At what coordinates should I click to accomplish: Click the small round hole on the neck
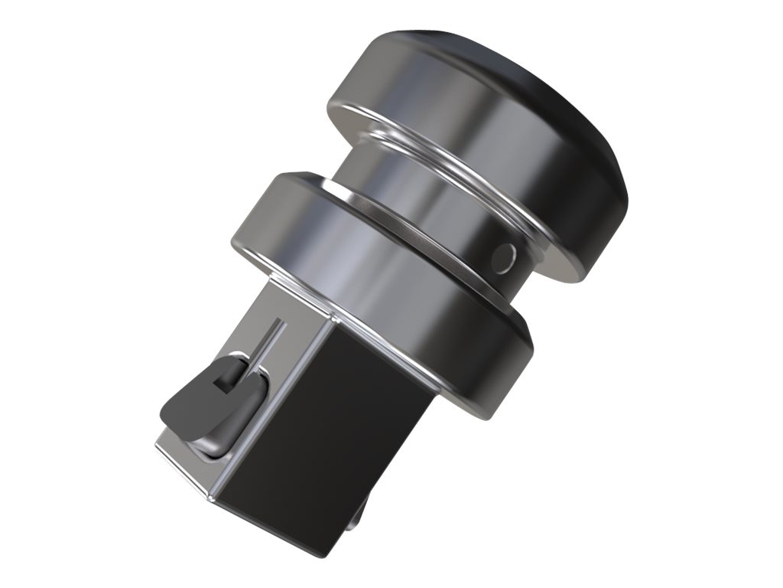[502, 257]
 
